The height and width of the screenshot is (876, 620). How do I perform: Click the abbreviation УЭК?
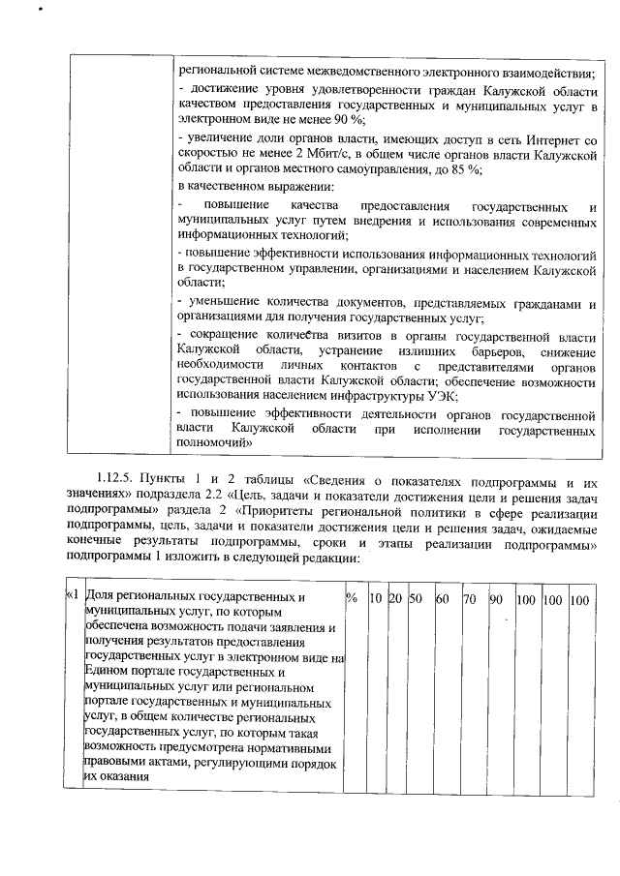(x=441, y=395)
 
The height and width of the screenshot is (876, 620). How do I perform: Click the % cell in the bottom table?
(x=352, y=600)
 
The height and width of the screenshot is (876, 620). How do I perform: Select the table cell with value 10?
(x=377, y=600)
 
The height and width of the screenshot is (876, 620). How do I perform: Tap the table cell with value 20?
(x=395, y=600)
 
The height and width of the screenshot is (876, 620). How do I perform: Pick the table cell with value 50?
(x=415, y=600)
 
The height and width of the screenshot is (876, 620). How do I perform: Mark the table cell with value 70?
(x=469, y=600)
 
